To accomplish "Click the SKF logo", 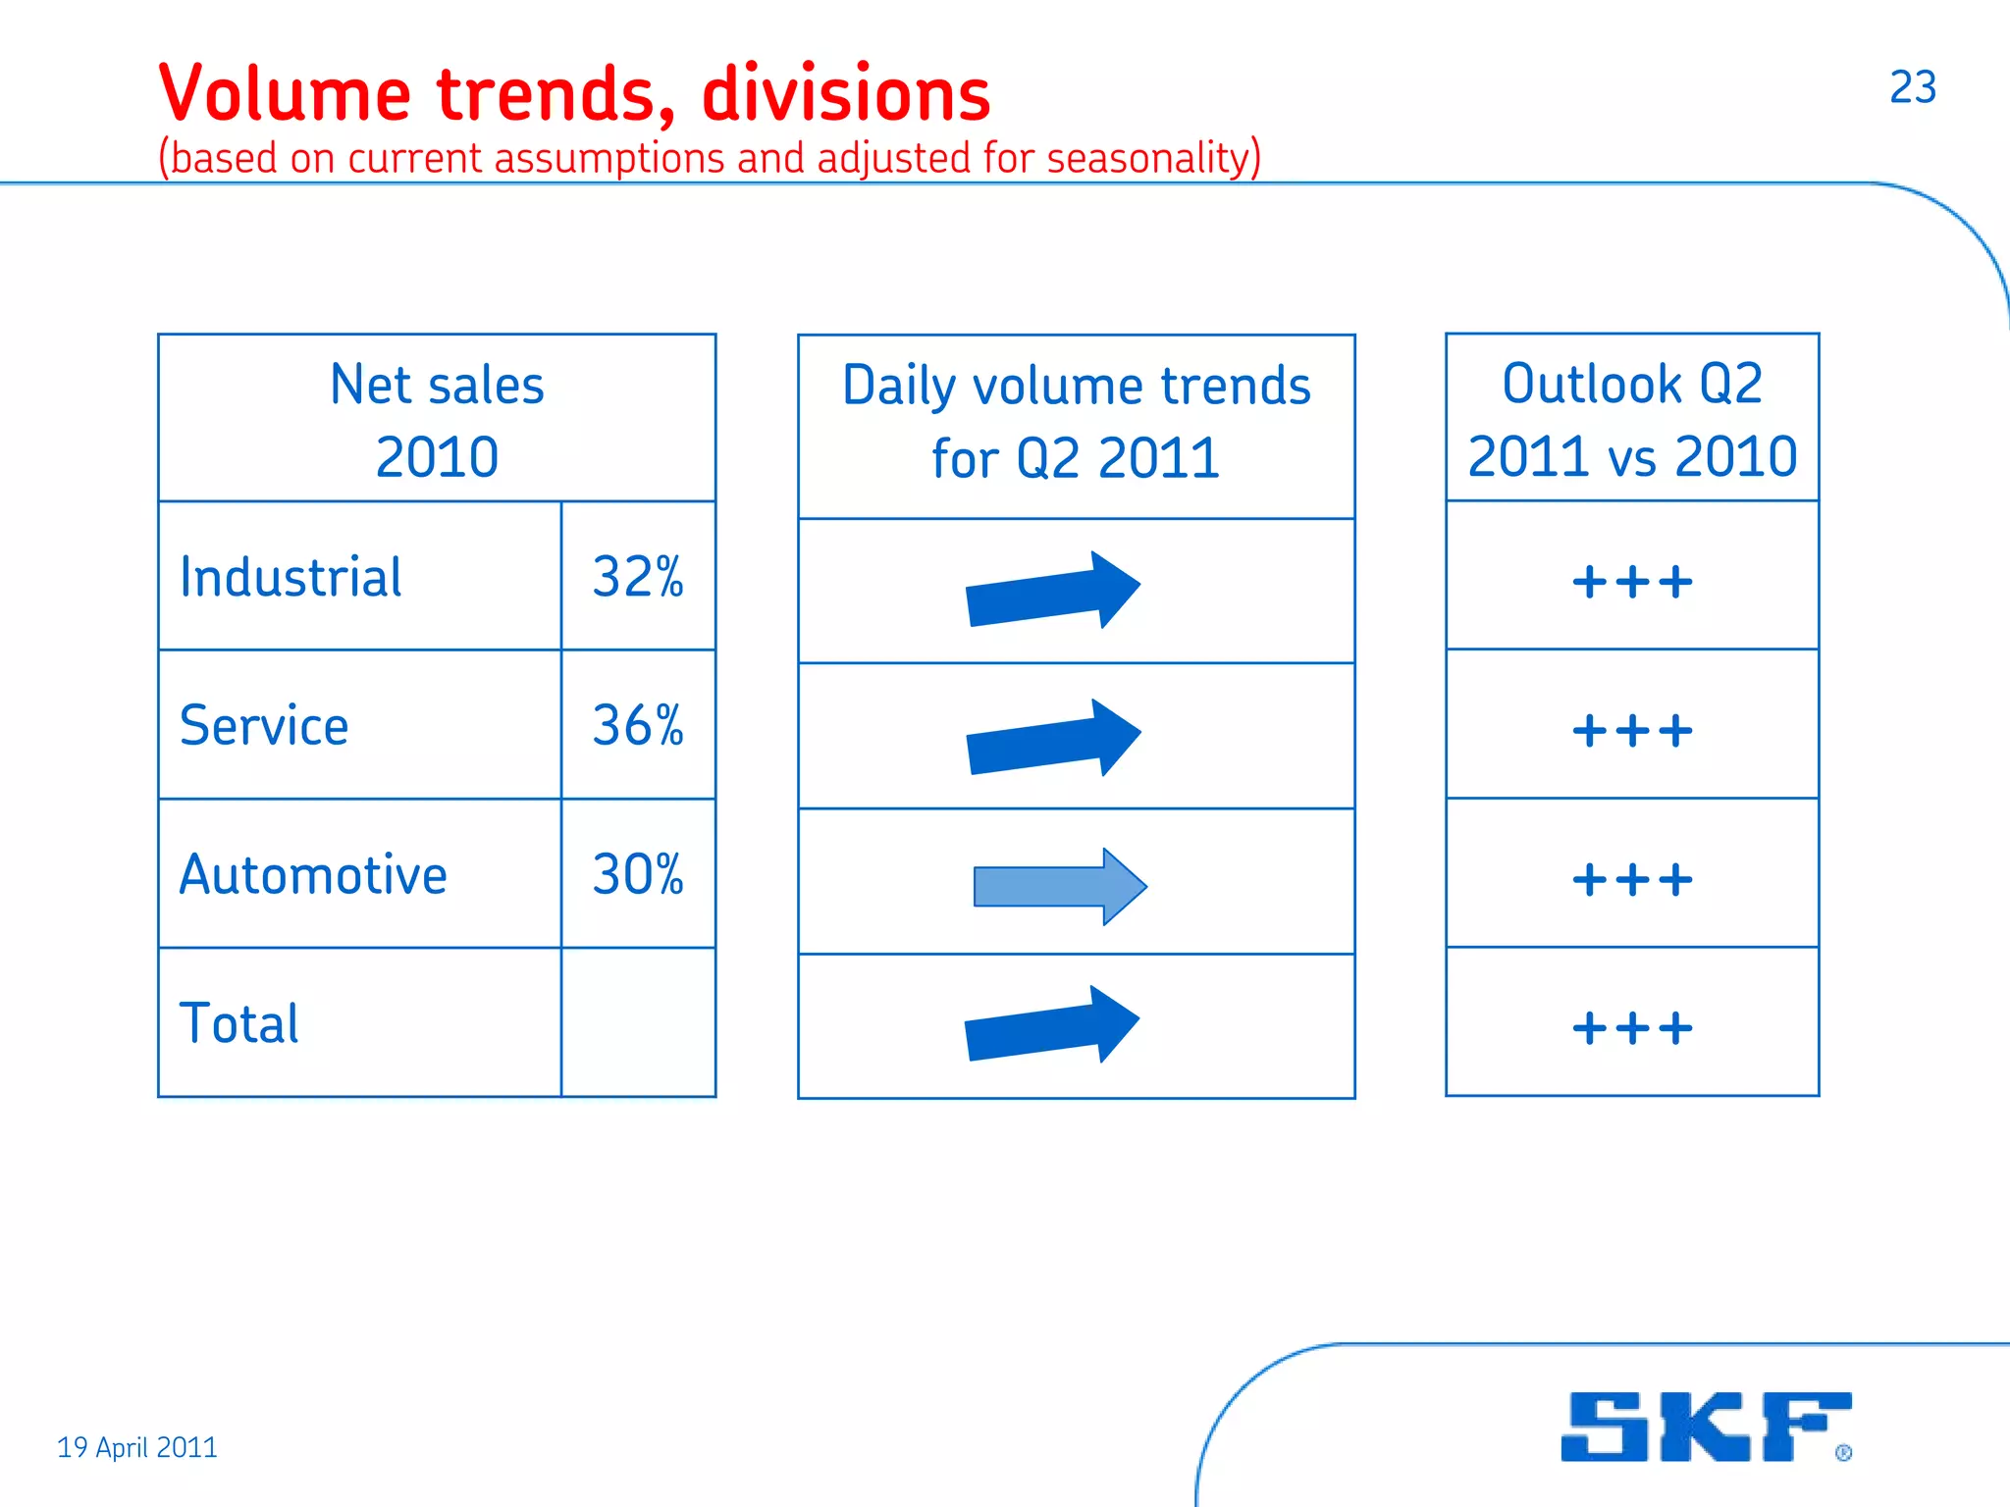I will [1706, 1427].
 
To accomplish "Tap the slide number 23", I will [1912, 87].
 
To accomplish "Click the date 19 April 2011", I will [137, 1447].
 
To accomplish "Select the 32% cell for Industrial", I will [638, 577].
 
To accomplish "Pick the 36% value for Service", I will [638, 726].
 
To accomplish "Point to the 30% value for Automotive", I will [638, 874].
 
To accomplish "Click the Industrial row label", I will [291, 577].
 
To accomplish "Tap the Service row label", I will [264, 726].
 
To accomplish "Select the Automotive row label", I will [313, 874].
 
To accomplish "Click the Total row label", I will [238, 1023].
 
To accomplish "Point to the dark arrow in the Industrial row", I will [1053, 591].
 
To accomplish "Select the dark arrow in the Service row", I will [1053, 739].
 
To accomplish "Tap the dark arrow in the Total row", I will [1052, 1025].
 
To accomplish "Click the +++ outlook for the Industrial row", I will [1632, 582].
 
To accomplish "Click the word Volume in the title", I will [285, 94].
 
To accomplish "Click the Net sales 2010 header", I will [437, 420].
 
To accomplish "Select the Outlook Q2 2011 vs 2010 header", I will [1632, 419].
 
